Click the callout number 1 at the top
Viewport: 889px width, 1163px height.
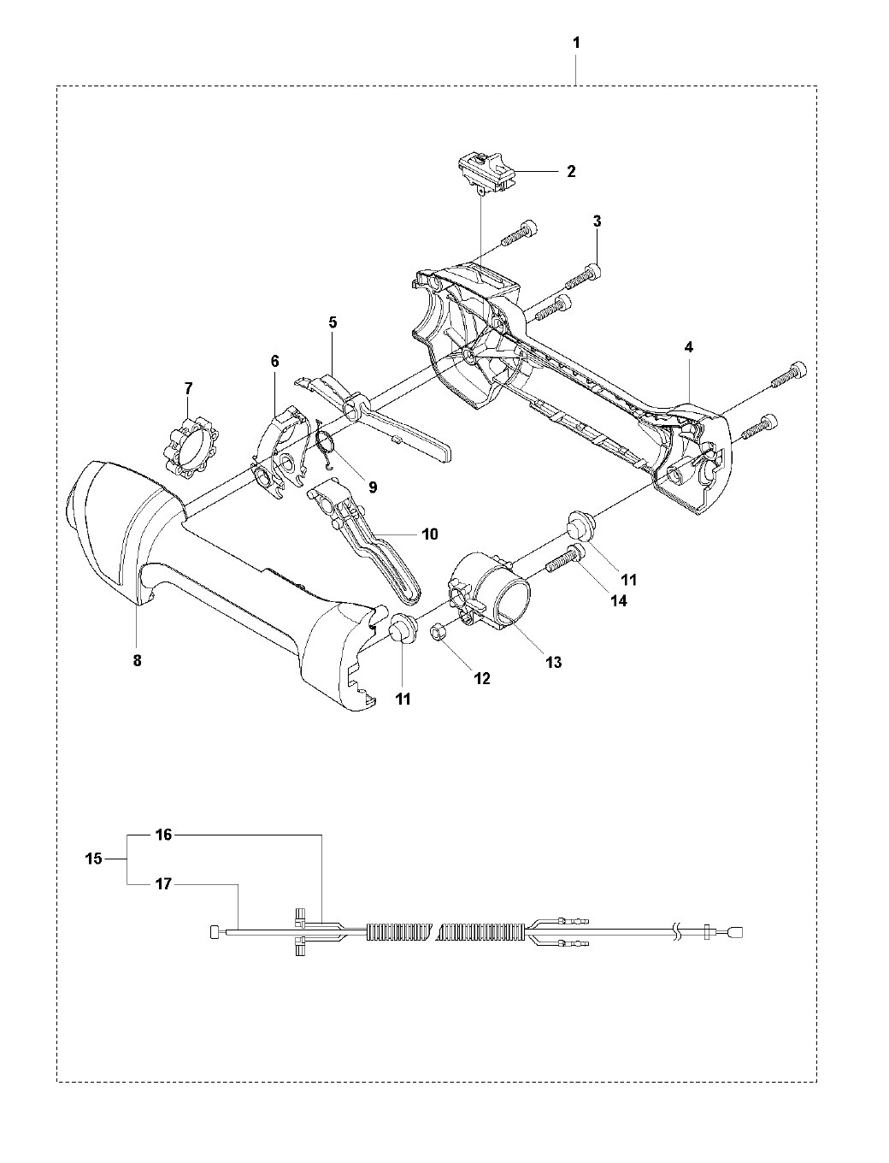click(x=577, y=43)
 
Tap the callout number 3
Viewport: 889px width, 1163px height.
click(x=598, y=221)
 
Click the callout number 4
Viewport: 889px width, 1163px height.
click(x=688, y=347)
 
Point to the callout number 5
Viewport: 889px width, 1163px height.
click(x=333, y=322)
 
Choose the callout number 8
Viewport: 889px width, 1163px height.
click(x=137, y=660)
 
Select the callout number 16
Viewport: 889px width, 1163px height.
click(x=163, y=835)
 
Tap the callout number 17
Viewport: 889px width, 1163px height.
click(x=163, y=883)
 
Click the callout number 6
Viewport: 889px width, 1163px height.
click(x=274, y=362)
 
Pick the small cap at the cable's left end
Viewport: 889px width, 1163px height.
click(x=215, y=931)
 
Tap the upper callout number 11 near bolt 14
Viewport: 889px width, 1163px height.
click(x=628, y=579)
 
